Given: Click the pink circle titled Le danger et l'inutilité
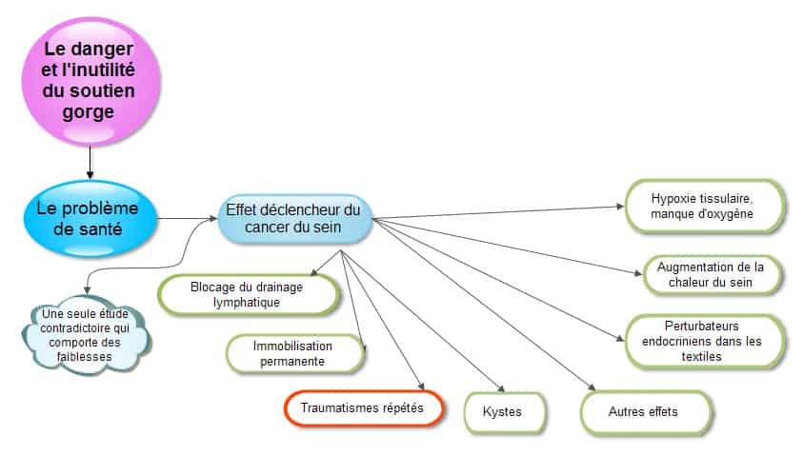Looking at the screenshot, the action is (91, 82).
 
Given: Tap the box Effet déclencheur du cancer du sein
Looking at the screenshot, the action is (294, 219).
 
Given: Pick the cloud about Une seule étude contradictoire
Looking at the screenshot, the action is (86, 335).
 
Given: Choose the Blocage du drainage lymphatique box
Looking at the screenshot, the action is (248, 295).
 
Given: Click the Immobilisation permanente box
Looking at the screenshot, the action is (294, 353).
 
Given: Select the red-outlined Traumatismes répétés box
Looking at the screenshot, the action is (363, 408).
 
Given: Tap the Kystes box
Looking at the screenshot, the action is (504, 412).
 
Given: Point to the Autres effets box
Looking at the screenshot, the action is (645, 412).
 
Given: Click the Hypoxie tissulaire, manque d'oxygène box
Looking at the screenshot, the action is (704, 207).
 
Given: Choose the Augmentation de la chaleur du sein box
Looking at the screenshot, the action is (712, 275).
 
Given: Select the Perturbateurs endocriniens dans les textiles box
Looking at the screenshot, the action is (704, 342).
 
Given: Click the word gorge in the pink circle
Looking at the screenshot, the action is (88, 112).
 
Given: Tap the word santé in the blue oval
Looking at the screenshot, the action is (88, 229).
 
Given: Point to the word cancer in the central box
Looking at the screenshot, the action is (269, 228).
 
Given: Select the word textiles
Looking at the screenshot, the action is (702, 357).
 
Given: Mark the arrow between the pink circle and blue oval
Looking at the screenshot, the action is (90, 163).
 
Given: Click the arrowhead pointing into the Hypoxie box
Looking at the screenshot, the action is (620, 207).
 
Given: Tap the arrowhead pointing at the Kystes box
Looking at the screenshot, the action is (502, 388).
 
